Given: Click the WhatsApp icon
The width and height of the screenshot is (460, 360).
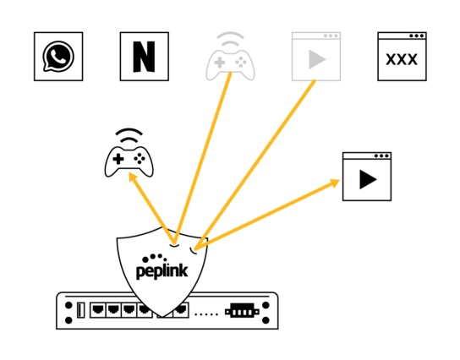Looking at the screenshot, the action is [58, 57].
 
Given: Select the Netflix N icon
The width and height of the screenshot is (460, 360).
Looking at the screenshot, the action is [145, 57].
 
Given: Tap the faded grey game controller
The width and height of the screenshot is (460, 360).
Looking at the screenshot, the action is [230, 57].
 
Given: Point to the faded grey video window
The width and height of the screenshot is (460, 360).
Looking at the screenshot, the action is [316, 57].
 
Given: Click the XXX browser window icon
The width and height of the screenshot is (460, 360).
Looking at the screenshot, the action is [402, 57].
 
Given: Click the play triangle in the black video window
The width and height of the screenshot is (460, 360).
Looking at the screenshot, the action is [368, 179].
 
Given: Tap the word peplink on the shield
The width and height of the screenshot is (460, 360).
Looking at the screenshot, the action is [162, 270].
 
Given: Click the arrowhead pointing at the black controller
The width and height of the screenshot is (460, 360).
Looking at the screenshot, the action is [134, 177].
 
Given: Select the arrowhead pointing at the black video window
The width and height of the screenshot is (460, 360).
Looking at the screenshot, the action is [335, 183].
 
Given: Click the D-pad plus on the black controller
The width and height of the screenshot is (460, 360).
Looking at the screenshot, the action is [118, 159].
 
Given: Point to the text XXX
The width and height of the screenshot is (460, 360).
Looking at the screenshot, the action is [402, 59].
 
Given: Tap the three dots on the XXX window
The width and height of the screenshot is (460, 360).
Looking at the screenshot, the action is [417, 35].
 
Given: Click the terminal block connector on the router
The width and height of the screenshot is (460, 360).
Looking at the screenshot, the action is [242, 311].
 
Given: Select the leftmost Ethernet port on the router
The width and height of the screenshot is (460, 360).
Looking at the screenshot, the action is [98, 310].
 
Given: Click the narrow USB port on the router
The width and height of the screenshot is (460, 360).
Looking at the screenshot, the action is [80, 310].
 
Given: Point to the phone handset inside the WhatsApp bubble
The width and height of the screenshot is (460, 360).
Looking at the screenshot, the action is [59, 56].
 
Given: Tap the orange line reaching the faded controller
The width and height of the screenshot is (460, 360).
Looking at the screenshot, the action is [203, 158].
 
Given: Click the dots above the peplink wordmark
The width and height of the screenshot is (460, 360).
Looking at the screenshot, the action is [154, 258].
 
